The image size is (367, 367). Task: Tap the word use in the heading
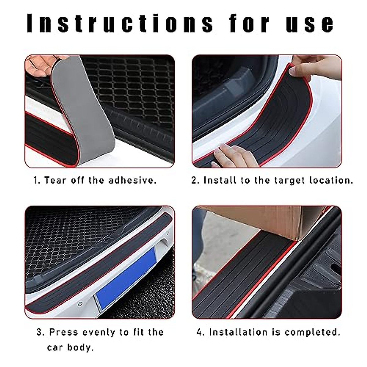[x=310, y=23]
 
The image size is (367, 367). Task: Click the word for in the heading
[x=249, y=23]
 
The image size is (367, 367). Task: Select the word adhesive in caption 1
[x=132, y=180]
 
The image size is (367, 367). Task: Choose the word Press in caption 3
[x=64, y=332]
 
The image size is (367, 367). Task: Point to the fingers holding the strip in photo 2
[x=315, y=69]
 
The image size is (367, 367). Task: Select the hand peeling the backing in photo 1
[x=38, y=66]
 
